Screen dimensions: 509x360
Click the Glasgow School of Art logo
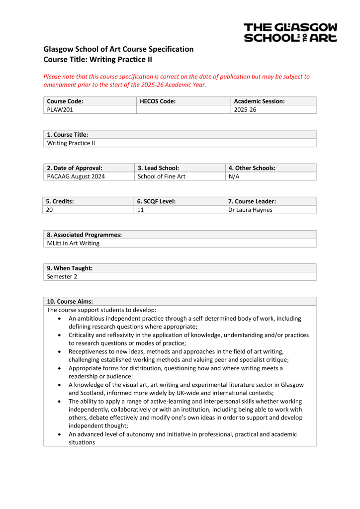tap(290, 32)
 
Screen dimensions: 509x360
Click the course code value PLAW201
tap(60, 110)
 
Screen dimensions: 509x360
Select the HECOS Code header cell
tap(158, 101)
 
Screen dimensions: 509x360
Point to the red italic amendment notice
tap(177, 81)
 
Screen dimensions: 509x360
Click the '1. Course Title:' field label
tap(68, 135)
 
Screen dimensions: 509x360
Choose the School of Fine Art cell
tap(161, 176)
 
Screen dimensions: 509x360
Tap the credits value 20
tap(50, 210)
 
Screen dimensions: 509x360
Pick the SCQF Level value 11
tap(140, 210)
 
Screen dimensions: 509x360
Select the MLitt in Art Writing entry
tap(73, 243)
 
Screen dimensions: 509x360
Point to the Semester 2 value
tap(62, 276)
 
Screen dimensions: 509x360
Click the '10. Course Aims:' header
tap(70, 301)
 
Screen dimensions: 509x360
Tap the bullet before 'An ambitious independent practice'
tap(60, 319)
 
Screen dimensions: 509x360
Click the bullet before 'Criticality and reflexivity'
tap(60, 336)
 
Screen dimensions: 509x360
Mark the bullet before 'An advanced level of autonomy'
tap(60, 434)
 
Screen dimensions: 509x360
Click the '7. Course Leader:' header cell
tap(252, 201)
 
